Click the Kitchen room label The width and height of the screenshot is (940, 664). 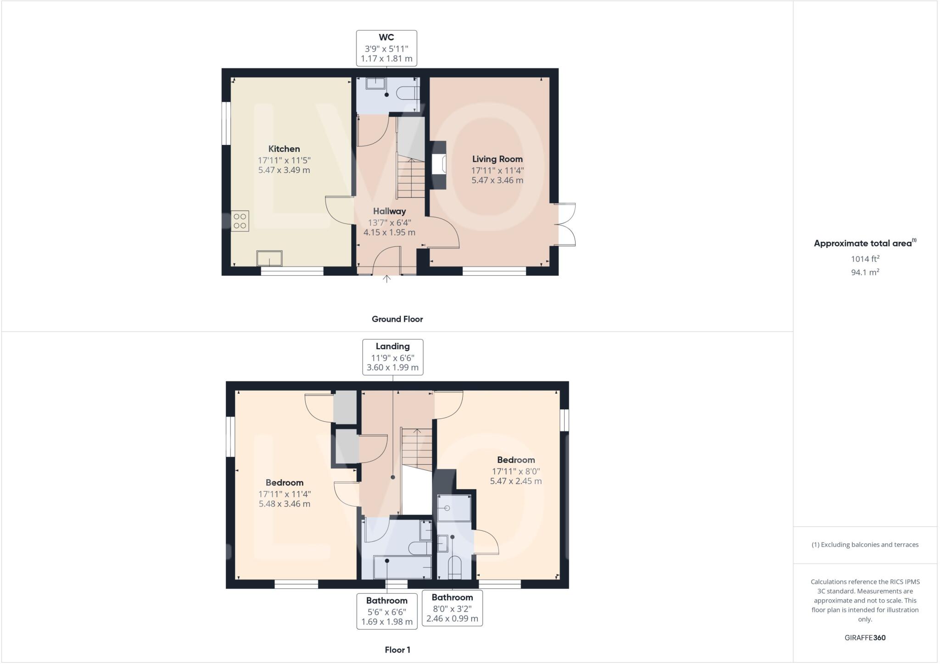pyautogui.click(x=284, y=149)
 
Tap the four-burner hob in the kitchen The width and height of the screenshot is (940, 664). pyautogui.click(x=240, y=221)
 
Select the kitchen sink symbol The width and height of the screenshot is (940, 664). pyautogui.click(x=269, y=258)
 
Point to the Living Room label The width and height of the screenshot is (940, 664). pyautogui.click(x=497, y=159)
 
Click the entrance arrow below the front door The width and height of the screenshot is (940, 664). pyautogui.click(x=387, y=279)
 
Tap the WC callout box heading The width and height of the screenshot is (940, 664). pyautogui.click(x=386, y=38)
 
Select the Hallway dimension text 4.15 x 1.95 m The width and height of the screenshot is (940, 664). pyautogui.click(x=389, y=233)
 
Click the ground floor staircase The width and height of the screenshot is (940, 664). pyautogui.click(x=411, y=177)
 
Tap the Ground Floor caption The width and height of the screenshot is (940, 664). pyautogui.click(x=397, y=319)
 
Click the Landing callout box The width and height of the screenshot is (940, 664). pyautogui.click(x=392, y=357)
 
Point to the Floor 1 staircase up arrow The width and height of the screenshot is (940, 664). pyautogui.click(x=417, y=432)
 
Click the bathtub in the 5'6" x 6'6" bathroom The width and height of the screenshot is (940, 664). pyautogui.click(x=402, y=567)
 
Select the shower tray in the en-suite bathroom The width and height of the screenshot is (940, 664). pyautogui.click(x=454, y=508)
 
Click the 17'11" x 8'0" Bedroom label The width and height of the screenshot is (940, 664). pyautogui.click(x=515, y=460)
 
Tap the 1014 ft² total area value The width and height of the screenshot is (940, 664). pyautogui.click(x=865, y=259)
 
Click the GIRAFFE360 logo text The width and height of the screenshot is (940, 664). pyautogui.click(x=865, y=637)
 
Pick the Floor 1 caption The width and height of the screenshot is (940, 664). pyautogui.click(x=397, y=650)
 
